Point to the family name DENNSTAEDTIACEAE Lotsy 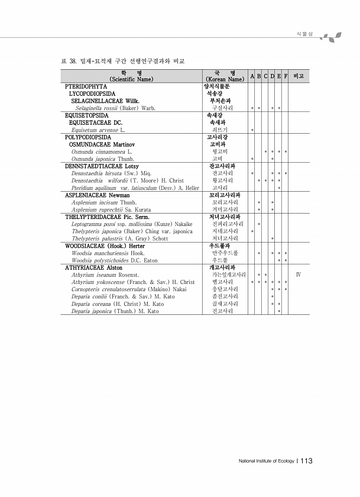click(x=101, y=166)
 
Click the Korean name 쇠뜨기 click(x=220, y=129)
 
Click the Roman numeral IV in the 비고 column click(x=299, y=275)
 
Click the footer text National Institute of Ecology click(x=265, y=461)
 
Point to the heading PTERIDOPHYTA click(x=86, y=86)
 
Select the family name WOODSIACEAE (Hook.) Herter click(x=105, y=246)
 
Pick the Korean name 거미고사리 click(x=225, y=209)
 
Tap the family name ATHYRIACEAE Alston click(x=93, y=267)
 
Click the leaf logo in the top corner click(x=328, y=37)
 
